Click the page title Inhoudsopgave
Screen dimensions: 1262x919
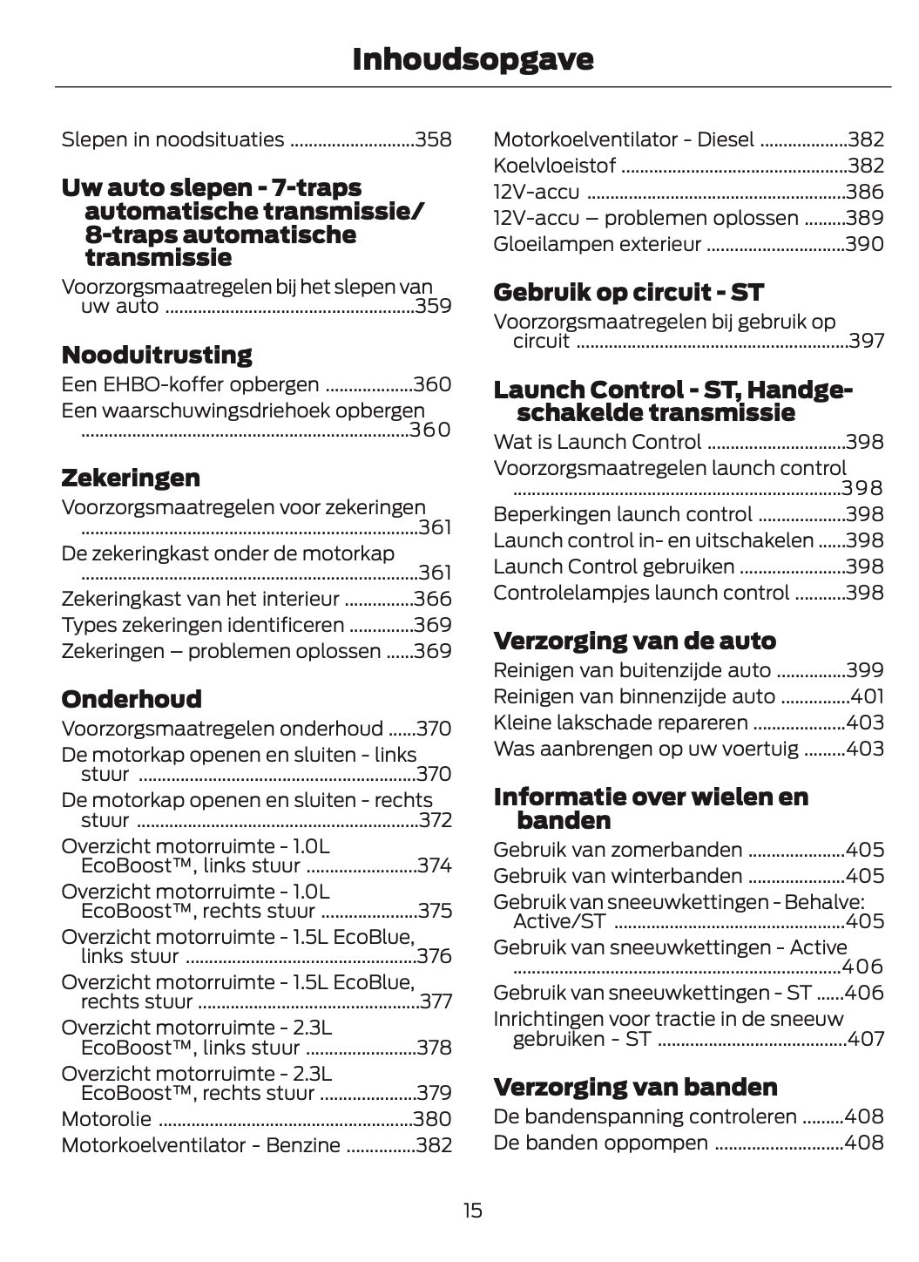[x=473, y=59]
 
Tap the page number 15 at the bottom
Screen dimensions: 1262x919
[x=472, y=1210]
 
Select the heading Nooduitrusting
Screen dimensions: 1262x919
[x=157, y=355]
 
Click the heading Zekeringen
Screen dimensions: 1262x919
[x=131, y=478]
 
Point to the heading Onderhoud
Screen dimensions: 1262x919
[x=132, y=699]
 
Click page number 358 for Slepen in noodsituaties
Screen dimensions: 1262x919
[x=433, y=139]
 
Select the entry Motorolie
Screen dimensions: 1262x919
[x=106, y=1119]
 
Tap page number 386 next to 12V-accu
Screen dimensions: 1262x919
[x=865, y=192]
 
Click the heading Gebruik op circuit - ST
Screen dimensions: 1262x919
[x=628, y=292]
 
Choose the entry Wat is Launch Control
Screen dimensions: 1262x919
[x=597, y=442]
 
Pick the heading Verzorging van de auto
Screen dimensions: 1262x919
[x=634, y=641]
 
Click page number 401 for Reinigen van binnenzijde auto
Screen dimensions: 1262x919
[x=866, y=696]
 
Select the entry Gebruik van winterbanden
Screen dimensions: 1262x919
[x=618, y=876]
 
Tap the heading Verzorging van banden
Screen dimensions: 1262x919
[x=635, y=1087]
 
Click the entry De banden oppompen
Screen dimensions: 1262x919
[x=600, y=1143]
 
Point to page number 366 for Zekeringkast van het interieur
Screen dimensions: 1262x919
[x=433, y=599]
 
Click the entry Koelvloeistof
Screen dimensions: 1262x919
[x=554, y=166]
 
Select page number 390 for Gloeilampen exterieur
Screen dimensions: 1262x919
[x=865, y=244]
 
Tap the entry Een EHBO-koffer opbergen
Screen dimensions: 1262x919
[x=190, y=384]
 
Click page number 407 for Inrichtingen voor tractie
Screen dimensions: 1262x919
[x=866, y=1039]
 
